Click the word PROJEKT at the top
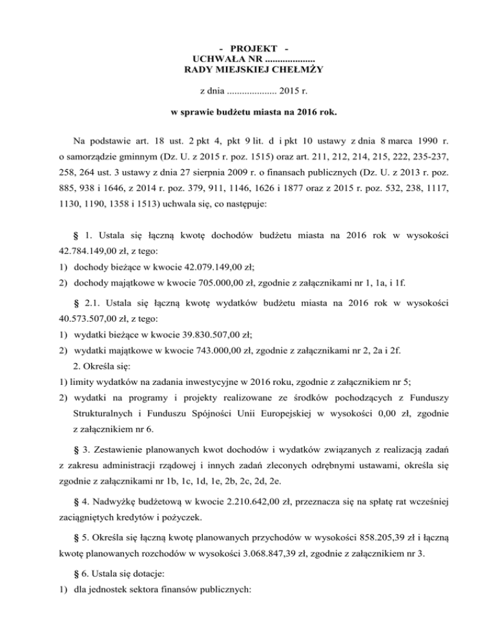(248, 49)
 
